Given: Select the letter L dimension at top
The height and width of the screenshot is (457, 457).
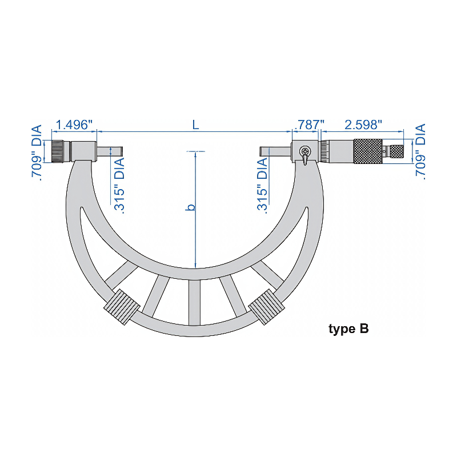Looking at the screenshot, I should coord(195,125).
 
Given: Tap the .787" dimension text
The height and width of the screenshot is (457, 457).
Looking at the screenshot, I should coord(308,125).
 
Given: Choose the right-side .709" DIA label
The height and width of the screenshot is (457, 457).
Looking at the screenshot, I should coord(421,152).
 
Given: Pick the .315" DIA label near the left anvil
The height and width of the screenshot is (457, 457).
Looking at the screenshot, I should coord(119,184).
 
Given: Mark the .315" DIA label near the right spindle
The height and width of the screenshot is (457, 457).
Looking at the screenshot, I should coord(263,185).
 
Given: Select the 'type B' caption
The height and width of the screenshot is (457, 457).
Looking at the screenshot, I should coord(348,329).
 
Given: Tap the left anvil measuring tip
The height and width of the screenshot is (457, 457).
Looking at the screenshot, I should coord(110,151).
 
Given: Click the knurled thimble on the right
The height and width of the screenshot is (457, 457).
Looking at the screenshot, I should coord(368,151).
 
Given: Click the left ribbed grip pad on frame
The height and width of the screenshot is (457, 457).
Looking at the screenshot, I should coord(121,307).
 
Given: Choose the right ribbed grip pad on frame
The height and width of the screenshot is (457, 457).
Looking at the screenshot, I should coord(266,307).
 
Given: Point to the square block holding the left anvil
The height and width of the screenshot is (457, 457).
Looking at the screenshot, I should coord(83,151).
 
